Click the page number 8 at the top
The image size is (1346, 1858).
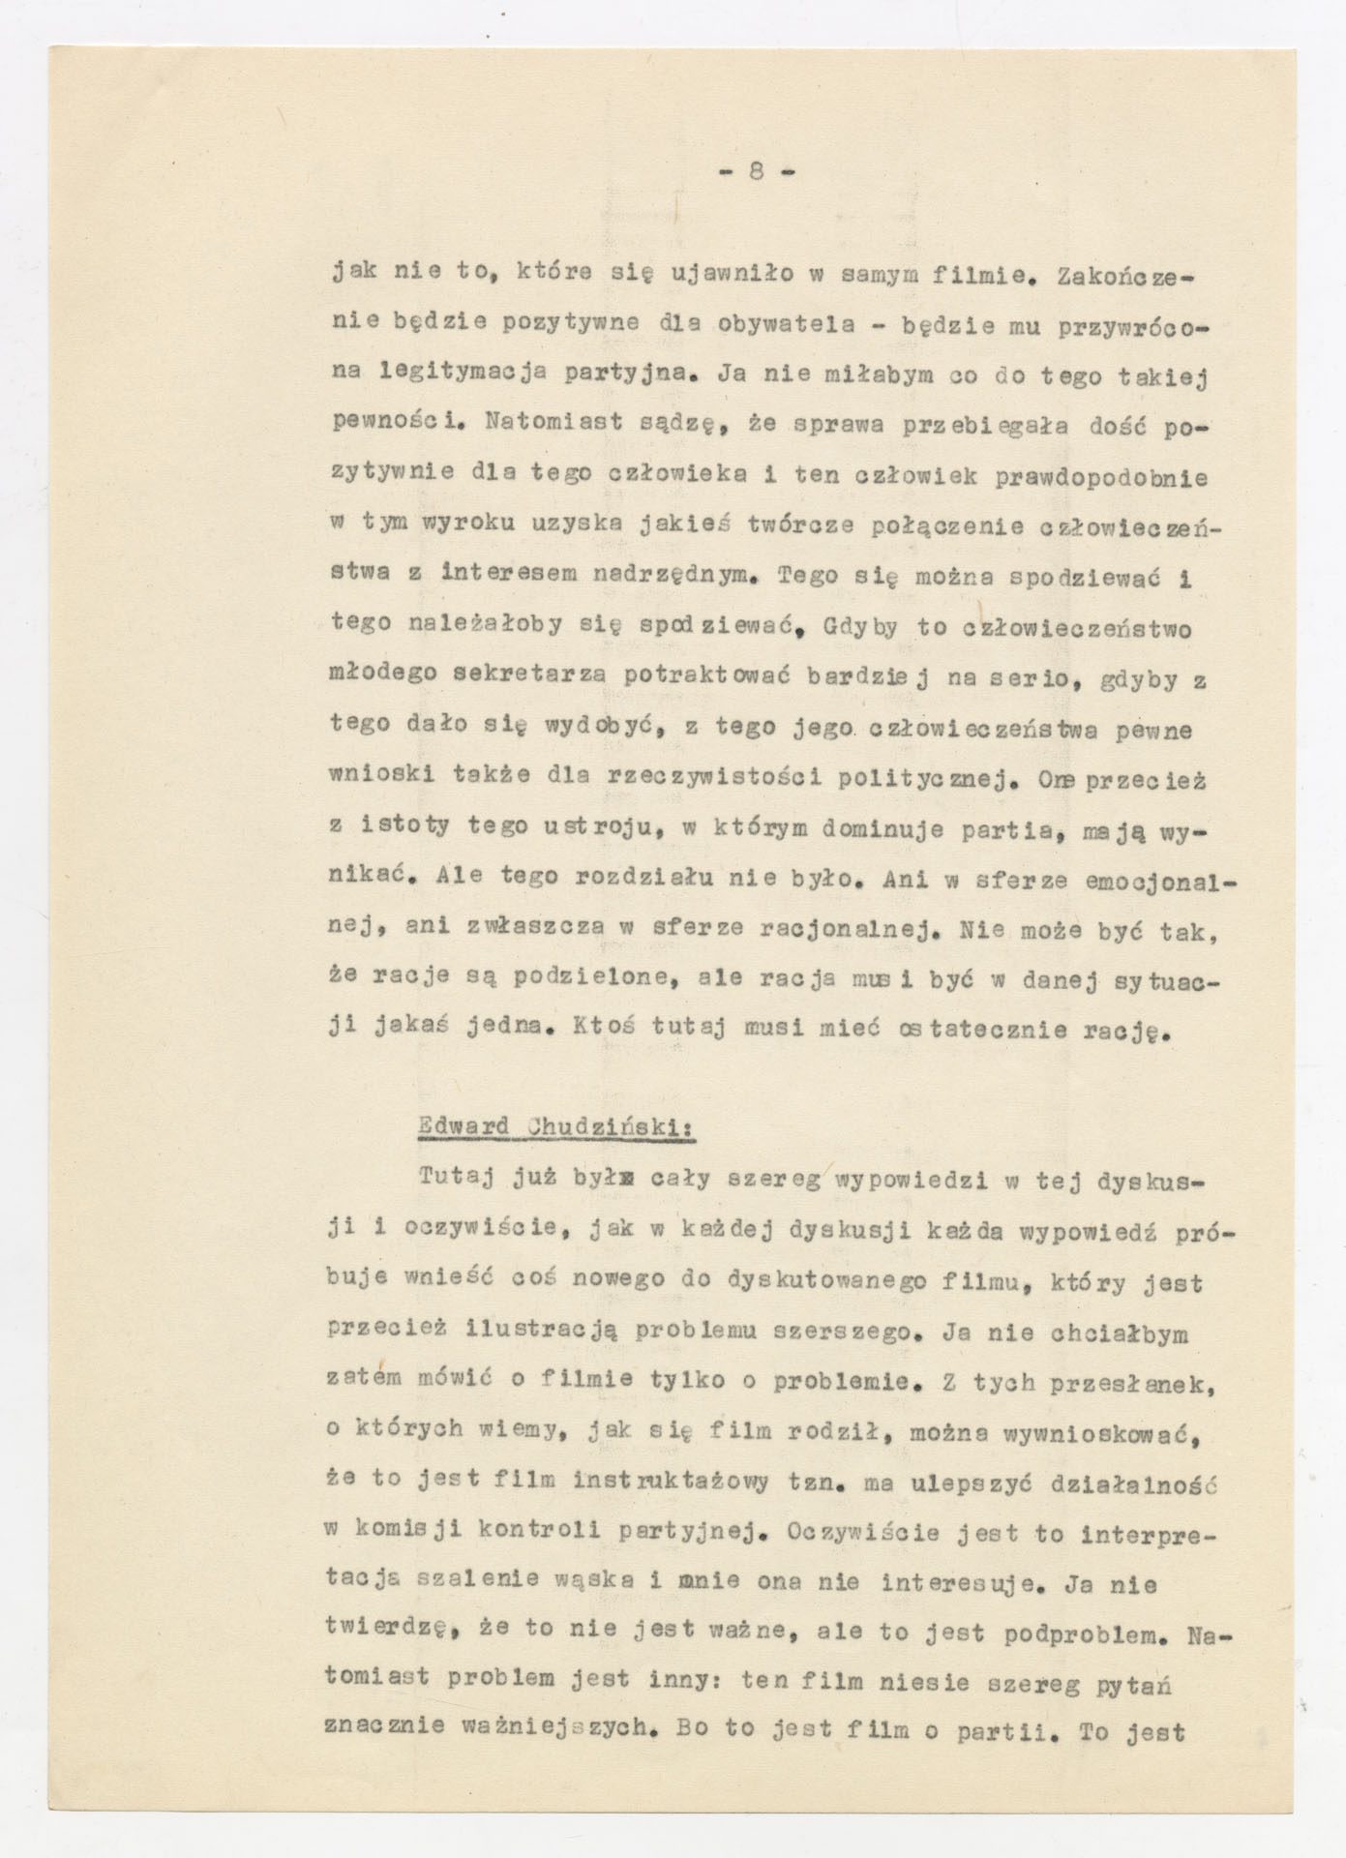tap(756, 171)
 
